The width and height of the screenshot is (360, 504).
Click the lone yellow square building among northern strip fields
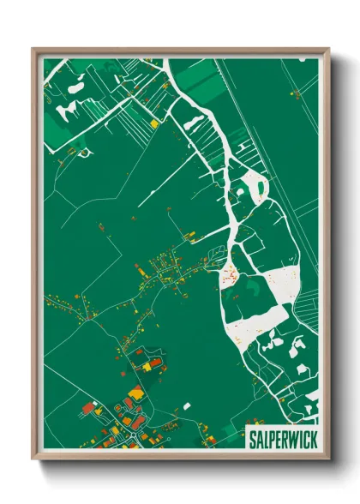click(154, 123)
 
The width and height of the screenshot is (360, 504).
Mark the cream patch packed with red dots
click(230, 273)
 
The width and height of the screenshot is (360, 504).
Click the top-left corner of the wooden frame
click(33, 49)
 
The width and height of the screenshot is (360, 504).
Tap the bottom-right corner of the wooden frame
click(328, 460)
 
